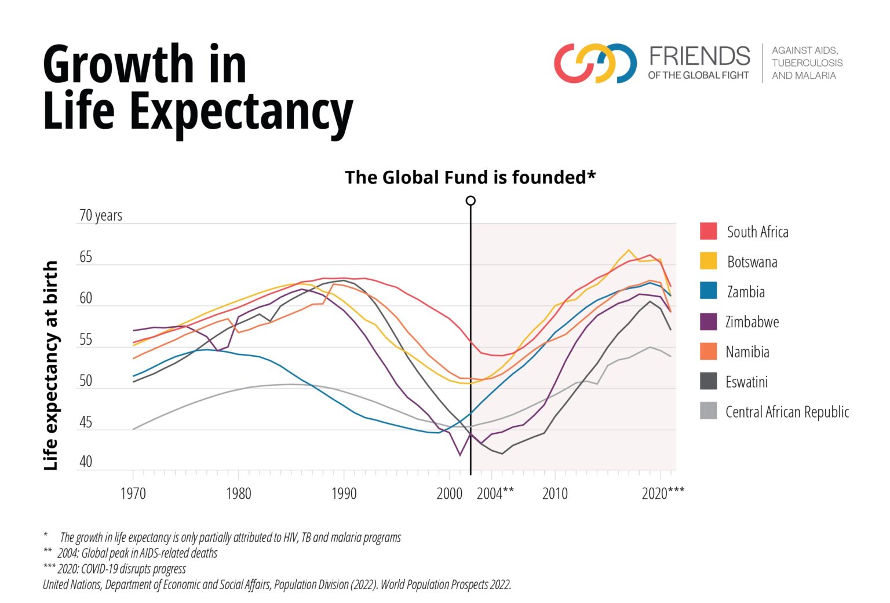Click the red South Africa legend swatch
point(708,231)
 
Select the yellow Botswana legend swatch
point(708,261)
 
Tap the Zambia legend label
point(746,291)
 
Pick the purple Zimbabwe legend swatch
point(708,321)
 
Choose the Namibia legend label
point(747,352)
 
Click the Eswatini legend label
point(746,382)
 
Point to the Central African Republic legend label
point(787,412)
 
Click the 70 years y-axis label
point(100,215)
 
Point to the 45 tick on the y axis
point(85,422)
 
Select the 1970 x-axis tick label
point(133,494)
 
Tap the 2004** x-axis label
point(495,494)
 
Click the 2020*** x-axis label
point(663,494)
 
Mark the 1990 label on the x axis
point(344,494)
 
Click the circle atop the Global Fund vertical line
point(470,200)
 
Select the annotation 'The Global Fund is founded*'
point(470,177)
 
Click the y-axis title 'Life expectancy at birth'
point(51,365)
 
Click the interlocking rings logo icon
point(595,63)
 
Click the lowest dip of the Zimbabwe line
point(460,455)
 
